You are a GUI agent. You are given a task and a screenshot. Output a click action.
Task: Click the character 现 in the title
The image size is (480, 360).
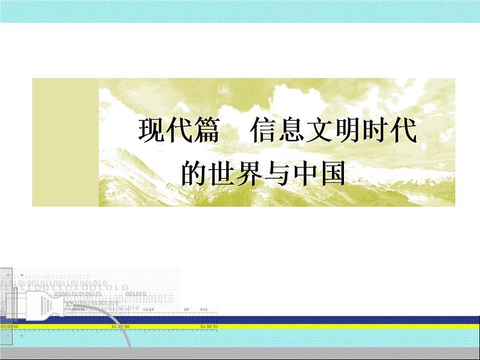(x=151, y=130)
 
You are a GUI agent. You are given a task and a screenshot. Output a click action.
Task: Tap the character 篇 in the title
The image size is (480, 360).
(x=205, y=130)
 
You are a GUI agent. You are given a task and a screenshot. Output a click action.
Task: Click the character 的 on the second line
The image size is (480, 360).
(x=194, y=172)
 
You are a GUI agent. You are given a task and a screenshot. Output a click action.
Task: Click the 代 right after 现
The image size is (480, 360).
(x=178, y=130)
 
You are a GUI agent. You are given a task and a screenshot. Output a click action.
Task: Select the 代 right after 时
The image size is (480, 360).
(x=401, y=130)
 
